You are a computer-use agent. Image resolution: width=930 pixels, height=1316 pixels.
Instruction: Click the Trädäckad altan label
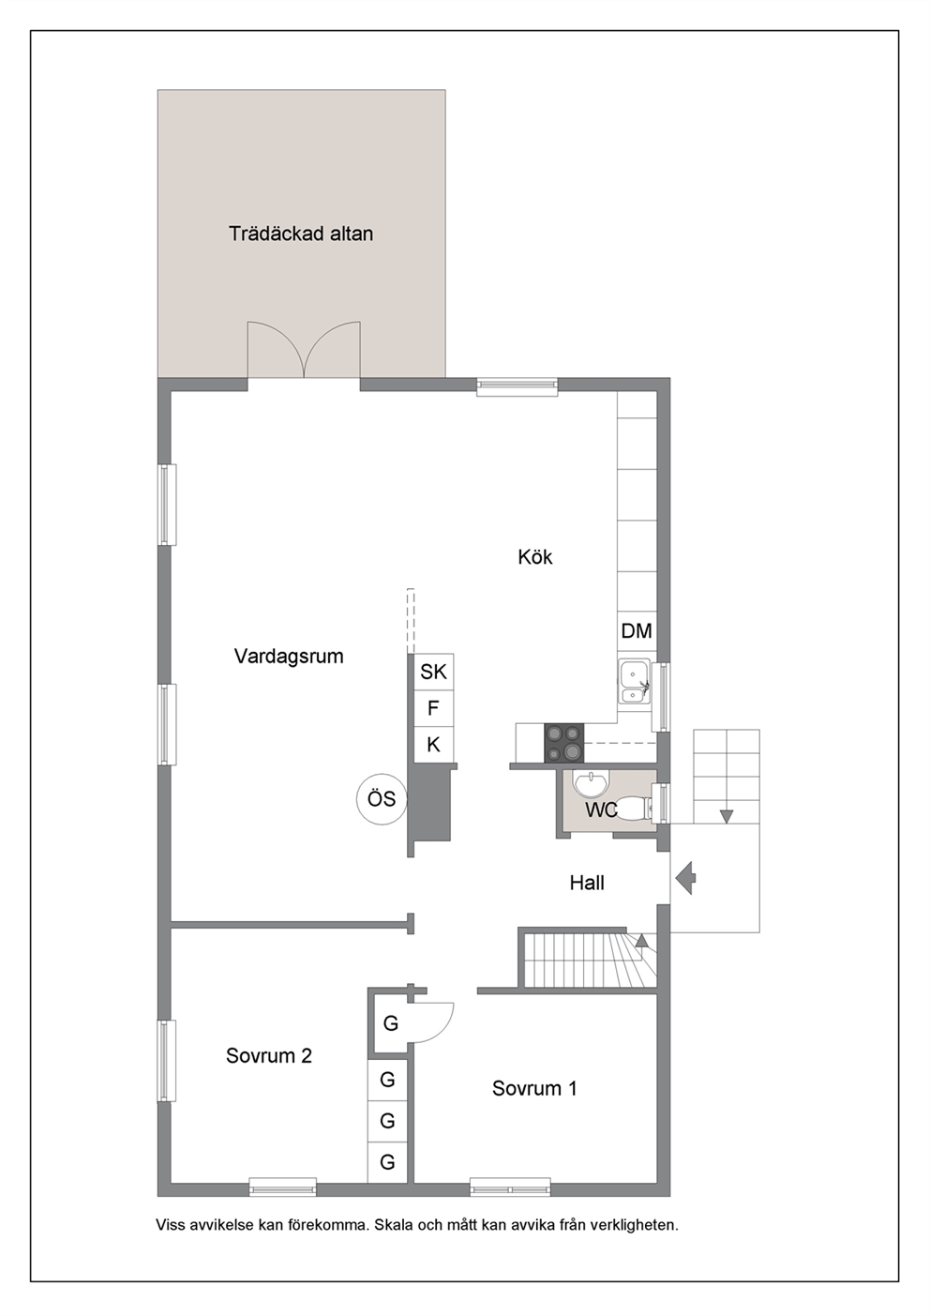[x=301, y=234]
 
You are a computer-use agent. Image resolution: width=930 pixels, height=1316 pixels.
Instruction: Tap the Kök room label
[x=535, y=556]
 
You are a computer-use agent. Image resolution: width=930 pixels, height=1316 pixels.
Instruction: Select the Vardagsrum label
[x=289, y=657]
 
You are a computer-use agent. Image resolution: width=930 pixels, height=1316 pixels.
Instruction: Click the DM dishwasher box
[x=637, y=631]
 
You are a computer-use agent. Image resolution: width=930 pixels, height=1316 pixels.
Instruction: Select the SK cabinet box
[x=433, y=672]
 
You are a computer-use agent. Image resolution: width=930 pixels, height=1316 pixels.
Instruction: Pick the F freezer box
[x=433, y=708]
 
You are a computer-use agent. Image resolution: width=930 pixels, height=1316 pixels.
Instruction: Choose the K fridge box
[x=433, y=745]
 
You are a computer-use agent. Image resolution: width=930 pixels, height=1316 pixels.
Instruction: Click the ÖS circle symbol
[x=382, y=799]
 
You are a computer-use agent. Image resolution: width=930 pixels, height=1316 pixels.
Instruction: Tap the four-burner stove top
[x=564, y=743]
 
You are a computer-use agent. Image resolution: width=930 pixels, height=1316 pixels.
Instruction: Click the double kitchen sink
[x=634, y=682]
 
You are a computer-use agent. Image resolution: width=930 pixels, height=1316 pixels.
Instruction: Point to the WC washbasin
[x=592, y=784]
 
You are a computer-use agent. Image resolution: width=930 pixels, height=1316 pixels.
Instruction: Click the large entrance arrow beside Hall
[x=685, y=878]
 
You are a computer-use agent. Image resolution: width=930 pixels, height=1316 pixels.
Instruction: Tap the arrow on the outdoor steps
[x=727, y=816]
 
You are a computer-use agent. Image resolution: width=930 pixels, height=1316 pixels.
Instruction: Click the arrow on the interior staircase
[x=642, y=941]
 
